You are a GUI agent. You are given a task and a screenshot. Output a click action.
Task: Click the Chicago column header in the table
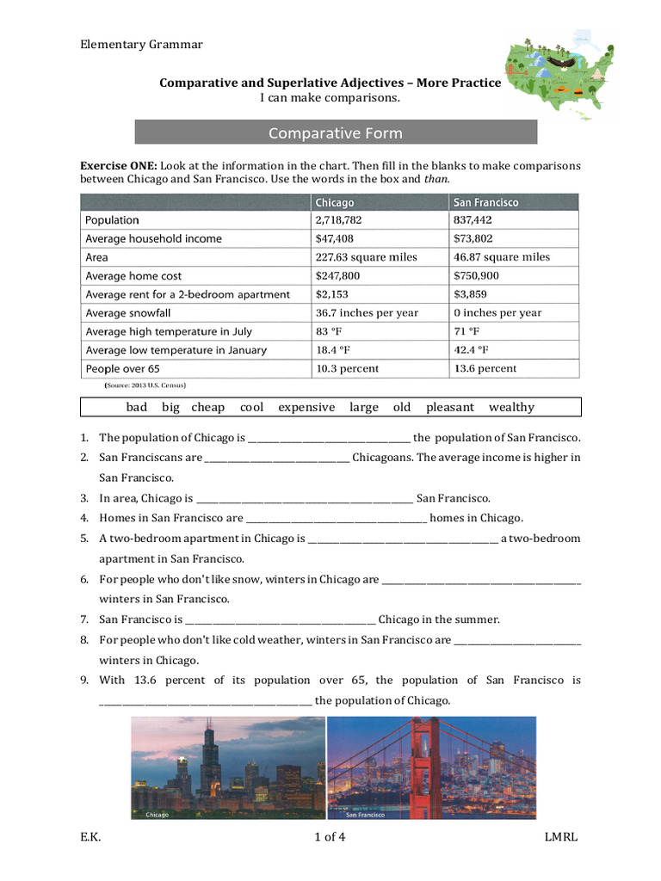click(335, 202)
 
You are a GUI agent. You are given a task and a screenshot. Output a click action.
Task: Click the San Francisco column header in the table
click(485, 202)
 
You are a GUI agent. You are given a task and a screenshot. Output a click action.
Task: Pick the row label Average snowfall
click(128, 313)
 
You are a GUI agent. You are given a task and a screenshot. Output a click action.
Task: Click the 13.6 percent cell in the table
click(485, 368)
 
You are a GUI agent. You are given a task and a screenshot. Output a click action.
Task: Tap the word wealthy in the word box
click(511, 408)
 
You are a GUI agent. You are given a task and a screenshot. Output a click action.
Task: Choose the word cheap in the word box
click(207, 408)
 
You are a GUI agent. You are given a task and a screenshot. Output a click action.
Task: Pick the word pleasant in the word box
click(449, 408)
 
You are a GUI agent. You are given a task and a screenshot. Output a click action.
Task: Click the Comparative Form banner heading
click(336, 132)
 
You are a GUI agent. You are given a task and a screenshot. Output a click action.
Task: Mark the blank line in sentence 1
click(329, 439)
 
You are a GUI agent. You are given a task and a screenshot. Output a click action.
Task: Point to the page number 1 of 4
click(330, 837)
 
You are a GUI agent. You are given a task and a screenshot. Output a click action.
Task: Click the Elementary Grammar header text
click(141, 45)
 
